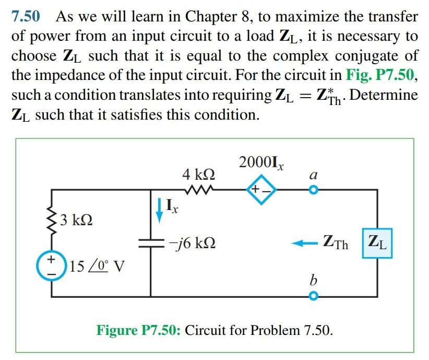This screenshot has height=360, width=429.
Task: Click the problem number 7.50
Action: [x=26, y=16]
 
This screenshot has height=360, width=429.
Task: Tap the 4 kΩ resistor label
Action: [x=198, y=173]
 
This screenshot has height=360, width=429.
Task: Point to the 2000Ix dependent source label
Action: [x=261, y=162]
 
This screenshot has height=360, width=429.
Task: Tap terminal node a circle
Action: [x=313, y=191]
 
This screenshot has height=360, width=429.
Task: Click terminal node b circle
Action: [x=313, y=296]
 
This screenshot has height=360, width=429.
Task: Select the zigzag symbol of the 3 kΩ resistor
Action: [x=52, y=220]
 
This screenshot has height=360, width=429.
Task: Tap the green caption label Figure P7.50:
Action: [x=138, y=330]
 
